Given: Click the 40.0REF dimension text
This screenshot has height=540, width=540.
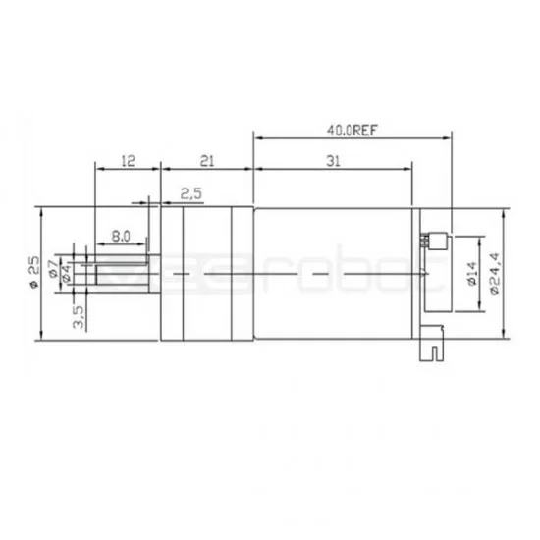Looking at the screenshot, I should pyautogui.click(x=351, y=126).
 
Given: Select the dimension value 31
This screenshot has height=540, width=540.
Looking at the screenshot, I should pyautogui.click(x=333, y=164).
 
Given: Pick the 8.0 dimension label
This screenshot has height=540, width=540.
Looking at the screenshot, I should pyautogui.click(x=122, y=237).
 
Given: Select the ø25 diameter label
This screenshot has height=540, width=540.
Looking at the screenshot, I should pyautogui.click(x=33, y=272).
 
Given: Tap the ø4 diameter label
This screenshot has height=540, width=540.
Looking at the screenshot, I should pyautogui.click(x=66, y=280).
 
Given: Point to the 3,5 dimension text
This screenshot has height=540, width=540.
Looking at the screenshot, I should pyautogui.click(x=80, y=315).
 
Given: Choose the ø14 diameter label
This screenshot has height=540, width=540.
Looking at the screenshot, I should pyautogui.click(x=471, y=274).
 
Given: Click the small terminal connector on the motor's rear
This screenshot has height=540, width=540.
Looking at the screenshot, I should pyautogui.click(x=434, y=241).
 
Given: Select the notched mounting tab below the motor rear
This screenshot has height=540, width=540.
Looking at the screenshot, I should pyautogui.click(x=432, y=345).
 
